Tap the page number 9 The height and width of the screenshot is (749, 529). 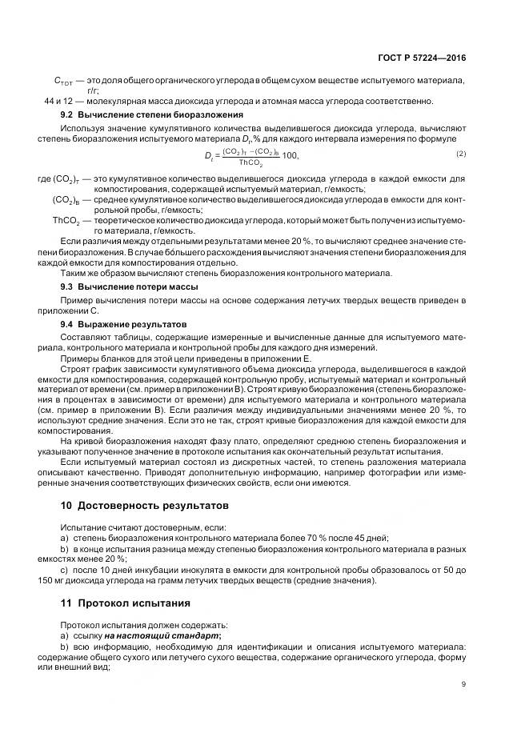tap(463, 683)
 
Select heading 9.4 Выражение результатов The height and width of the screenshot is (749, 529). tap(123, 324)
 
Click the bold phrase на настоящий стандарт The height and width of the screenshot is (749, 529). tap(174, 635)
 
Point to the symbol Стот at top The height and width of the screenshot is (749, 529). tap(63, 81)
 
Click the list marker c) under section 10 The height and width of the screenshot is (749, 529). tap(65, 570)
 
